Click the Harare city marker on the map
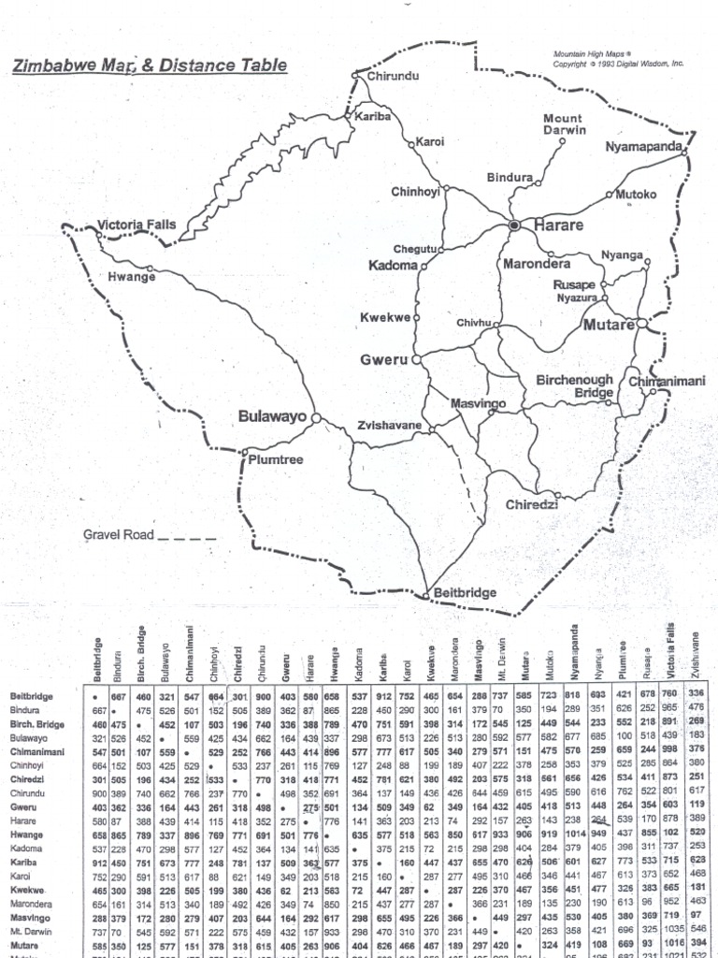(x=513, y=225)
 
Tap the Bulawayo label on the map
(x=274, y=416)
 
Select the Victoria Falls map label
(x=136, y=225)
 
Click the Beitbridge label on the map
(x=467, y=594)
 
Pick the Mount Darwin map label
(x=564, y=124)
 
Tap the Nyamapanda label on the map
(x=642, y=147)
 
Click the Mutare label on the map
(x=608, y=326)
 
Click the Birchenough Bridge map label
(x=574, y=387)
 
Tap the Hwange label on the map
(x=132, y=278)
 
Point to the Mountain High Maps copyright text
(x=618, y=59)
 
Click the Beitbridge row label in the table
(x=32, y=696)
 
